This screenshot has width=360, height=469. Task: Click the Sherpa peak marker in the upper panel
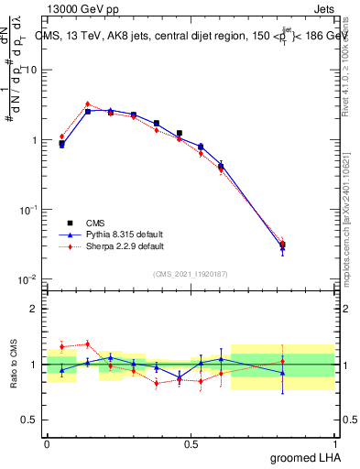pos(87,104)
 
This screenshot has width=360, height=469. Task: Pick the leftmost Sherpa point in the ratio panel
pos(61,346)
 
